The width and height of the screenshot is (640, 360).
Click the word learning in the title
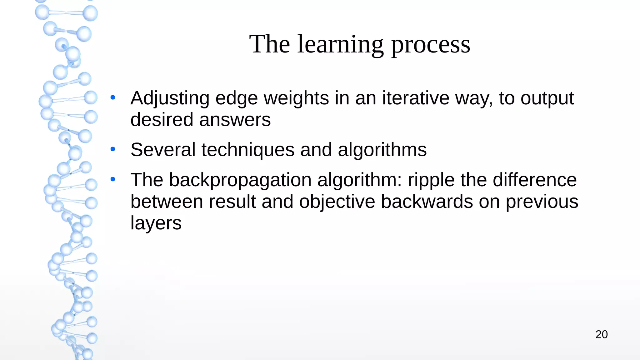(340, 44)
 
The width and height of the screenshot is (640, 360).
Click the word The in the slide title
(269, 44)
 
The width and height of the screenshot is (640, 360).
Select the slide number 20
(602, 334)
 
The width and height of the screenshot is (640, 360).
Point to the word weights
(296, 98)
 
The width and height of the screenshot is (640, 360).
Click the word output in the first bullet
(547, 99)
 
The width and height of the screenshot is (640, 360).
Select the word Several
(163, 150)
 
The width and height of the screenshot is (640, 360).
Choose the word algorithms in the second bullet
(382, 150)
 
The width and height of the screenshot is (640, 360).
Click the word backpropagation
(240, 180)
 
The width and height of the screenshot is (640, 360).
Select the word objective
(337, 202)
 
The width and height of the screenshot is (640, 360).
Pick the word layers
(156, 223)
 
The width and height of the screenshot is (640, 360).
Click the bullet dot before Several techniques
(113, 149)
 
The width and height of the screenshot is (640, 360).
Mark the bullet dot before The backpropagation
(113, 179)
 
